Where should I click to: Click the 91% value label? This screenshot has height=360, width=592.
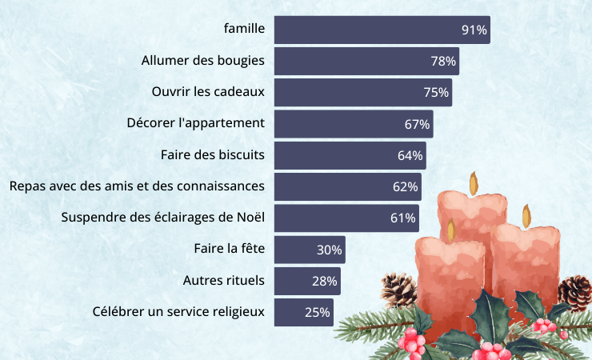[x=474, y=30]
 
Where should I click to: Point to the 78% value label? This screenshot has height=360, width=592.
[x=443, y=61]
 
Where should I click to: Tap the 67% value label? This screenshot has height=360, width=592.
[x=418, y=124]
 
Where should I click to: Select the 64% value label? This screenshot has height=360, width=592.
[x=410, y=155]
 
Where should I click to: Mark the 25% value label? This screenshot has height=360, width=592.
[x=318, y=313]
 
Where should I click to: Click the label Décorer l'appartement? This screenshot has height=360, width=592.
[x=195, y=123]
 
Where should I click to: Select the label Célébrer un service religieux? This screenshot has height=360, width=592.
[x=178, y=312]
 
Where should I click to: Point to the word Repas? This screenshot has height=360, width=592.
[x=27, y=186]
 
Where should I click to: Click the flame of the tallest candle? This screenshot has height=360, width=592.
[x=474, y=183]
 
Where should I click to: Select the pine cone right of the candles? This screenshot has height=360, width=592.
[x=576, y=292]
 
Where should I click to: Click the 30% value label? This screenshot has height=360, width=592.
[x=330, y=250]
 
